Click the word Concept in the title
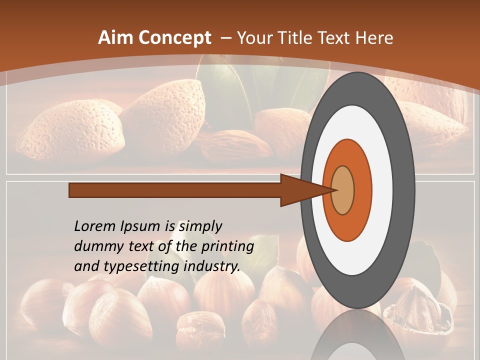(x=174, y=38)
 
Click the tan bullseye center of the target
(x=343, y=190)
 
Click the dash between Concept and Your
(x=225, y=38)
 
